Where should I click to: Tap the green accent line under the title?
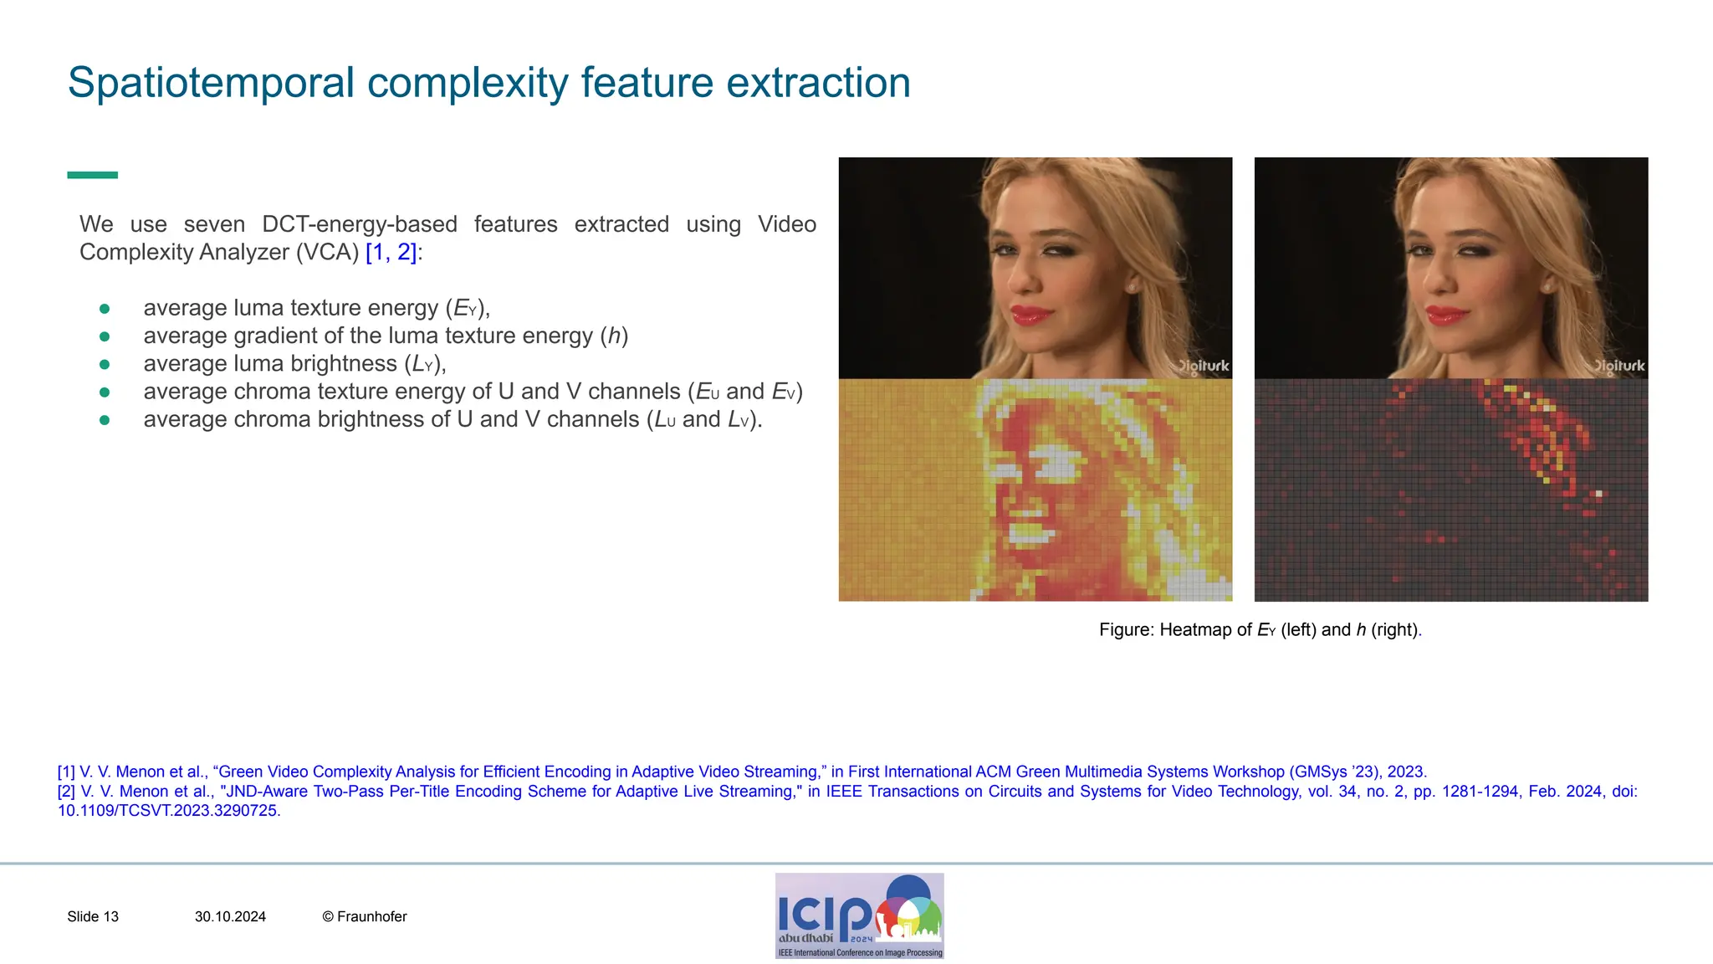point(92,175)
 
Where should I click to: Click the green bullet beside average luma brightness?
point(105,364)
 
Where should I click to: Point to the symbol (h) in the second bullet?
point(615,336)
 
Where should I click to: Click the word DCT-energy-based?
point(360,224)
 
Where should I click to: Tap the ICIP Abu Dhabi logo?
point(859,915)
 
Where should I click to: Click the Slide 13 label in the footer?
point(93,916)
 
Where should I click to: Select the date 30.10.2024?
point(230,916)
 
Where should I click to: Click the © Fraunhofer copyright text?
point(365,916)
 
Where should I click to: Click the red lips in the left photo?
point(1032,315)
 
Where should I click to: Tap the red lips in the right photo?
point(1448,315)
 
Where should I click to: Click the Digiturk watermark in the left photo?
point(1202,366)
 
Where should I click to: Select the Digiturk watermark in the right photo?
point(1618,366)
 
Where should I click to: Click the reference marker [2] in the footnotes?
point(66,791)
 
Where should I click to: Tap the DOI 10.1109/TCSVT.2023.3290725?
point(168,810)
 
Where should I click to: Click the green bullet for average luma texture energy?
point(105,309)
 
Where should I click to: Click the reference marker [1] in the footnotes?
point(66,772)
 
